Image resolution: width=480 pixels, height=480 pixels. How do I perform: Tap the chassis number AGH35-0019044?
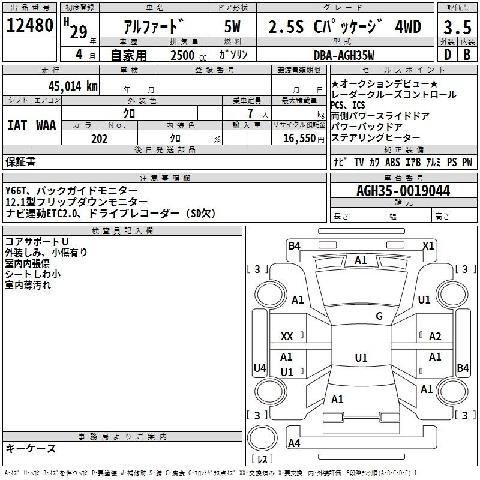tap(403, 191)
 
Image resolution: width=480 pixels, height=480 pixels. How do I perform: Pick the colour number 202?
tap(99, 139)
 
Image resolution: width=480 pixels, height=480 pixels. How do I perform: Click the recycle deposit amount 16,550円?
tap(301, 139)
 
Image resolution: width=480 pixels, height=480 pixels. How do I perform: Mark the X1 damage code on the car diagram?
tap(428, 245)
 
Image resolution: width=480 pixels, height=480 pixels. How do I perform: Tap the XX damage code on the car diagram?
tap(287, 337)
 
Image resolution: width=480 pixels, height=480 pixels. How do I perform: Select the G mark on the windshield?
tap(379, 316)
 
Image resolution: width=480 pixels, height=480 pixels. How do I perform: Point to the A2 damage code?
tap(435, 337)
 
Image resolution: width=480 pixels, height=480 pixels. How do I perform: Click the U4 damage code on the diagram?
tap(259, 368)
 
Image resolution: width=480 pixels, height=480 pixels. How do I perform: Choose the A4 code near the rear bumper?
tap(294, 443)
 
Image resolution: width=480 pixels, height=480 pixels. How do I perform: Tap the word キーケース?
tap(31, 448)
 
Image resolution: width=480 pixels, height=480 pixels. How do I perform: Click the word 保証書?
tap(20, 161)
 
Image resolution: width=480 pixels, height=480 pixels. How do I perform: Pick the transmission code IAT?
tap(17, 125)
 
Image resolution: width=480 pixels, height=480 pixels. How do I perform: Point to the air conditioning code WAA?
tap(46, 125)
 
